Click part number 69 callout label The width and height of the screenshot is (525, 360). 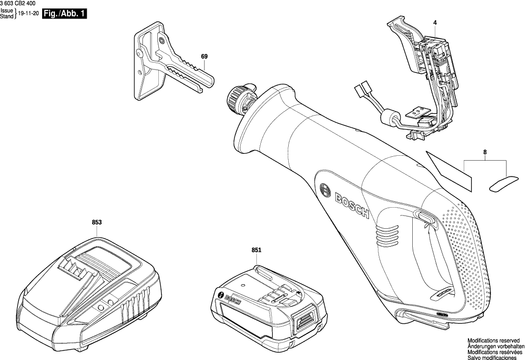pyautogui.click(x=204, y=57)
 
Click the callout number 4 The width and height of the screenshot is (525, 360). pyautogui.click(x=435, y=23)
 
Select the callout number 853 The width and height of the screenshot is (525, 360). pyautogui.click(x=97, y=222)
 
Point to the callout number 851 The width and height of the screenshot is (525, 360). pyautogui.click(x=256, y=250)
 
